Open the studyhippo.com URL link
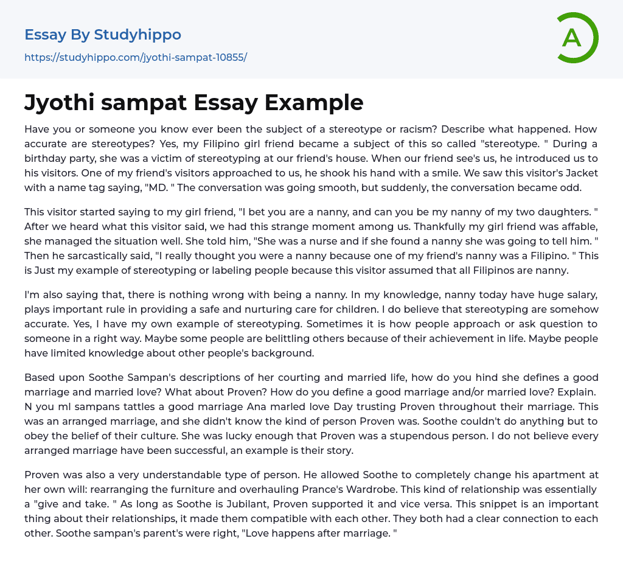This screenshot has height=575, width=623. pyautogui.click(x=136, y=58)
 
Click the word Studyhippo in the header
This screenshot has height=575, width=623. pyautogui.click(x=137, y=35)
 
